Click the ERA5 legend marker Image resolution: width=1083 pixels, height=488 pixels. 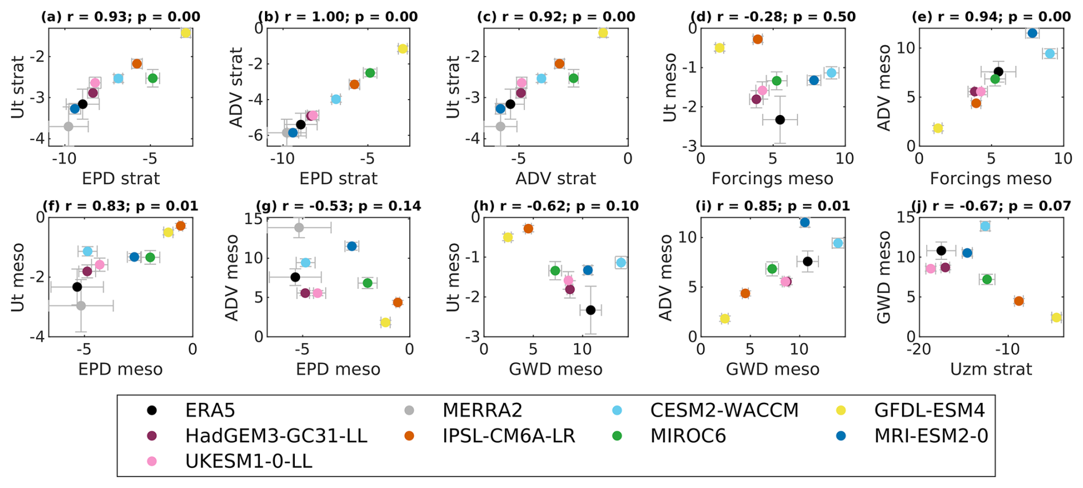tap(152, 410)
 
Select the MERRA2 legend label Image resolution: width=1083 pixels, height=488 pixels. tap(482, 410)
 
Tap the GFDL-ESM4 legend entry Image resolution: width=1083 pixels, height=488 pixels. tap(929, 410)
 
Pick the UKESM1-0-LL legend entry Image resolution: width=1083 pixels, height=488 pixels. tap(248, 461)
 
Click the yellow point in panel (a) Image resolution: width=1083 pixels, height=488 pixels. tap(185, 33)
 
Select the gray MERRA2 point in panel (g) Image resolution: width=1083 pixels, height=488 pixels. tap(299, 228)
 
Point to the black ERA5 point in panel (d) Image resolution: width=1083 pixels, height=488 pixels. tap(780, 120)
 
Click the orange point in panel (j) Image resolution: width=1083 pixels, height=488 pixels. tap(1018, 301)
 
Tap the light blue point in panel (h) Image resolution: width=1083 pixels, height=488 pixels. tap(621, 263)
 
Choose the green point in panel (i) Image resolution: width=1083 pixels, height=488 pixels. tap(772, 269)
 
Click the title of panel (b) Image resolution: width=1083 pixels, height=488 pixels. tap(338, 17)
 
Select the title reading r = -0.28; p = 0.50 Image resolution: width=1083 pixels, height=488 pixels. tap(773, 17)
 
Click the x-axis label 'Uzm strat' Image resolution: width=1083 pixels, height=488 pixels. tap(991, 369)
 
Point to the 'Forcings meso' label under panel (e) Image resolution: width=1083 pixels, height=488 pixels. tap(990, 178)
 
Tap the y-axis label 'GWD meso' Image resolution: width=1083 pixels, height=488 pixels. tap(885, 277)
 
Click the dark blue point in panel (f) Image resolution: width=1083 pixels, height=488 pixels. tap(135, 257)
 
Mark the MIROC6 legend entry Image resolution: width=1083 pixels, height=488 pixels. tap(687, 436)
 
